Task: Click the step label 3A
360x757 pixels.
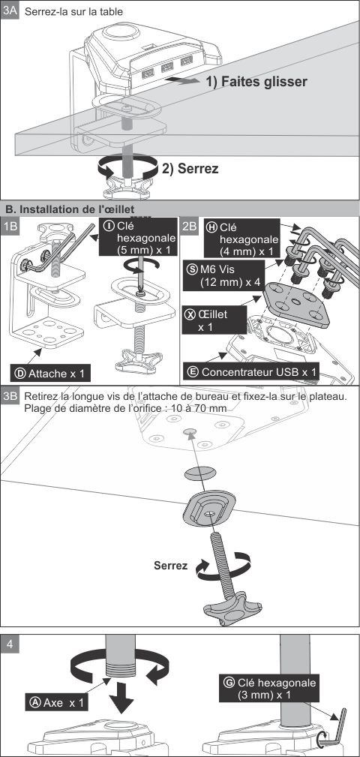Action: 10,11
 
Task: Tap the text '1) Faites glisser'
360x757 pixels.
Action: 256,82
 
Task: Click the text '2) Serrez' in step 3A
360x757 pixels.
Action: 190,169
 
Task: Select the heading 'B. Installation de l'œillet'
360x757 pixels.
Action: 70,209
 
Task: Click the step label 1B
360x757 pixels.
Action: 10,226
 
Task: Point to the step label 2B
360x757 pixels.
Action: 189,226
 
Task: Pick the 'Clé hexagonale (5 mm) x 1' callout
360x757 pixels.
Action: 137,237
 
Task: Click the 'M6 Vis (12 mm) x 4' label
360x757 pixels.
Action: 225,275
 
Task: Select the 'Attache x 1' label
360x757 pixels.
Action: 50,373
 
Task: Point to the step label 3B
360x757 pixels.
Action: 10,397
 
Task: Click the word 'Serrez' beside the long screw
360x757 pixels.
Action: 171,566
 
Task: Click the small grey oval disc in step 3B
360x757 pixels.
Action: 199,473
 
